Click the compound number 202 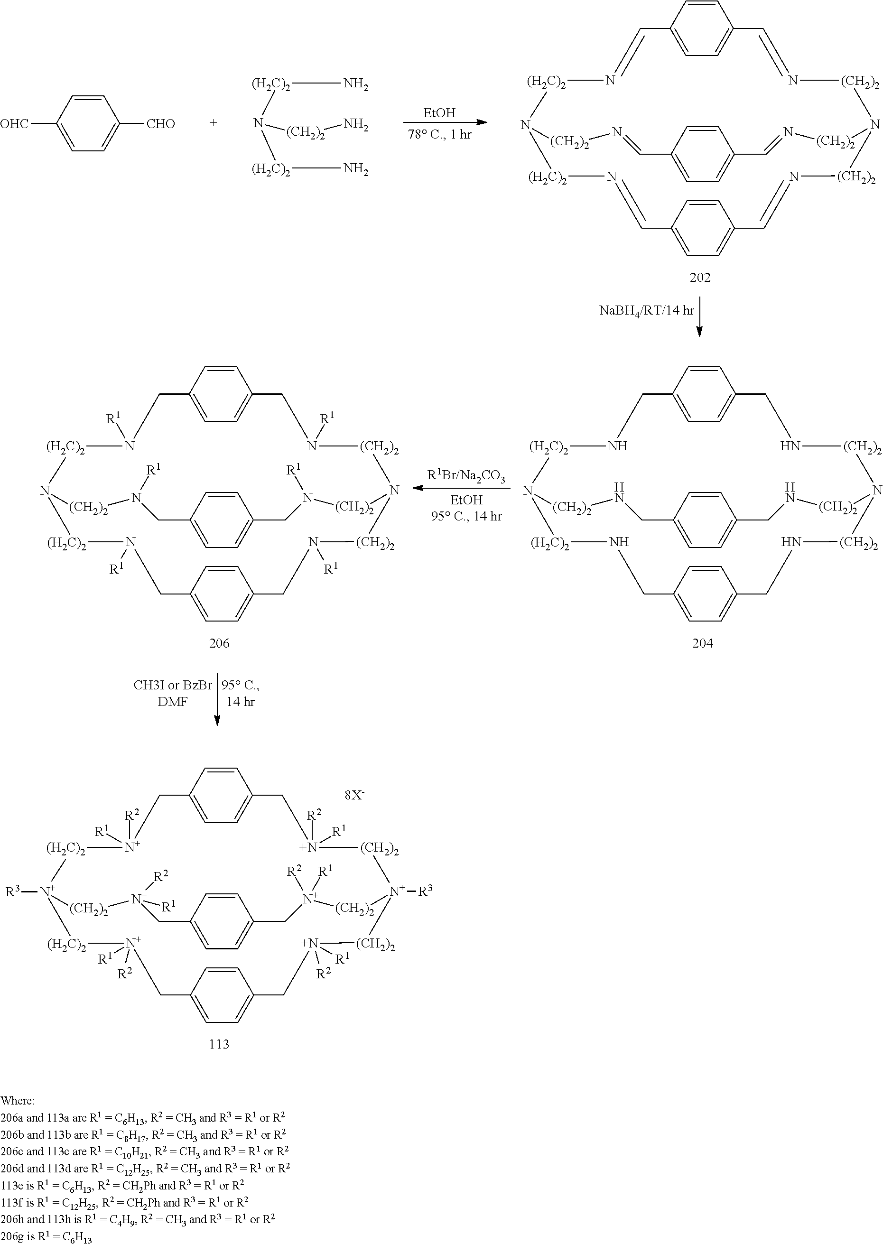pyautogui.click(x=700, y=277)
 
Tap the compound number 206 pyautogui.click(x=219, y=643)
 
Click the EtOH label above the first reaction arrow pyautogui.click(x=439, y=113)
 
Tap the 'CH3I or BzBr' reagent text pyautogui.click(x=173, y=685)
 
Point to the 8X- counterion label pyautogui.click(x=354, y=795)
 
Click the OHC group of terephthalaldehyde pyautogui.click(x=15, y=124)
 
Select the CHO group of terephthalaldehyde pyautogui.click(x=160, y=124)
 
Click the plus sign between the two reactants pyautogui.click(x=213, y=123)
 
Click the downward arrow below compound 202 pyautogui.click(x=699, y=316)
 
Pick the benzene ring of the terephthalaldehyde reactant pyautogui.click(x=87, y=124)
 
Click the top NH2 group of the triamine pyautogui.click(x=355, y=85)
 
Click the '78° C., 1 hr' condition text pyautogui.click(x=439, y=134)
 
